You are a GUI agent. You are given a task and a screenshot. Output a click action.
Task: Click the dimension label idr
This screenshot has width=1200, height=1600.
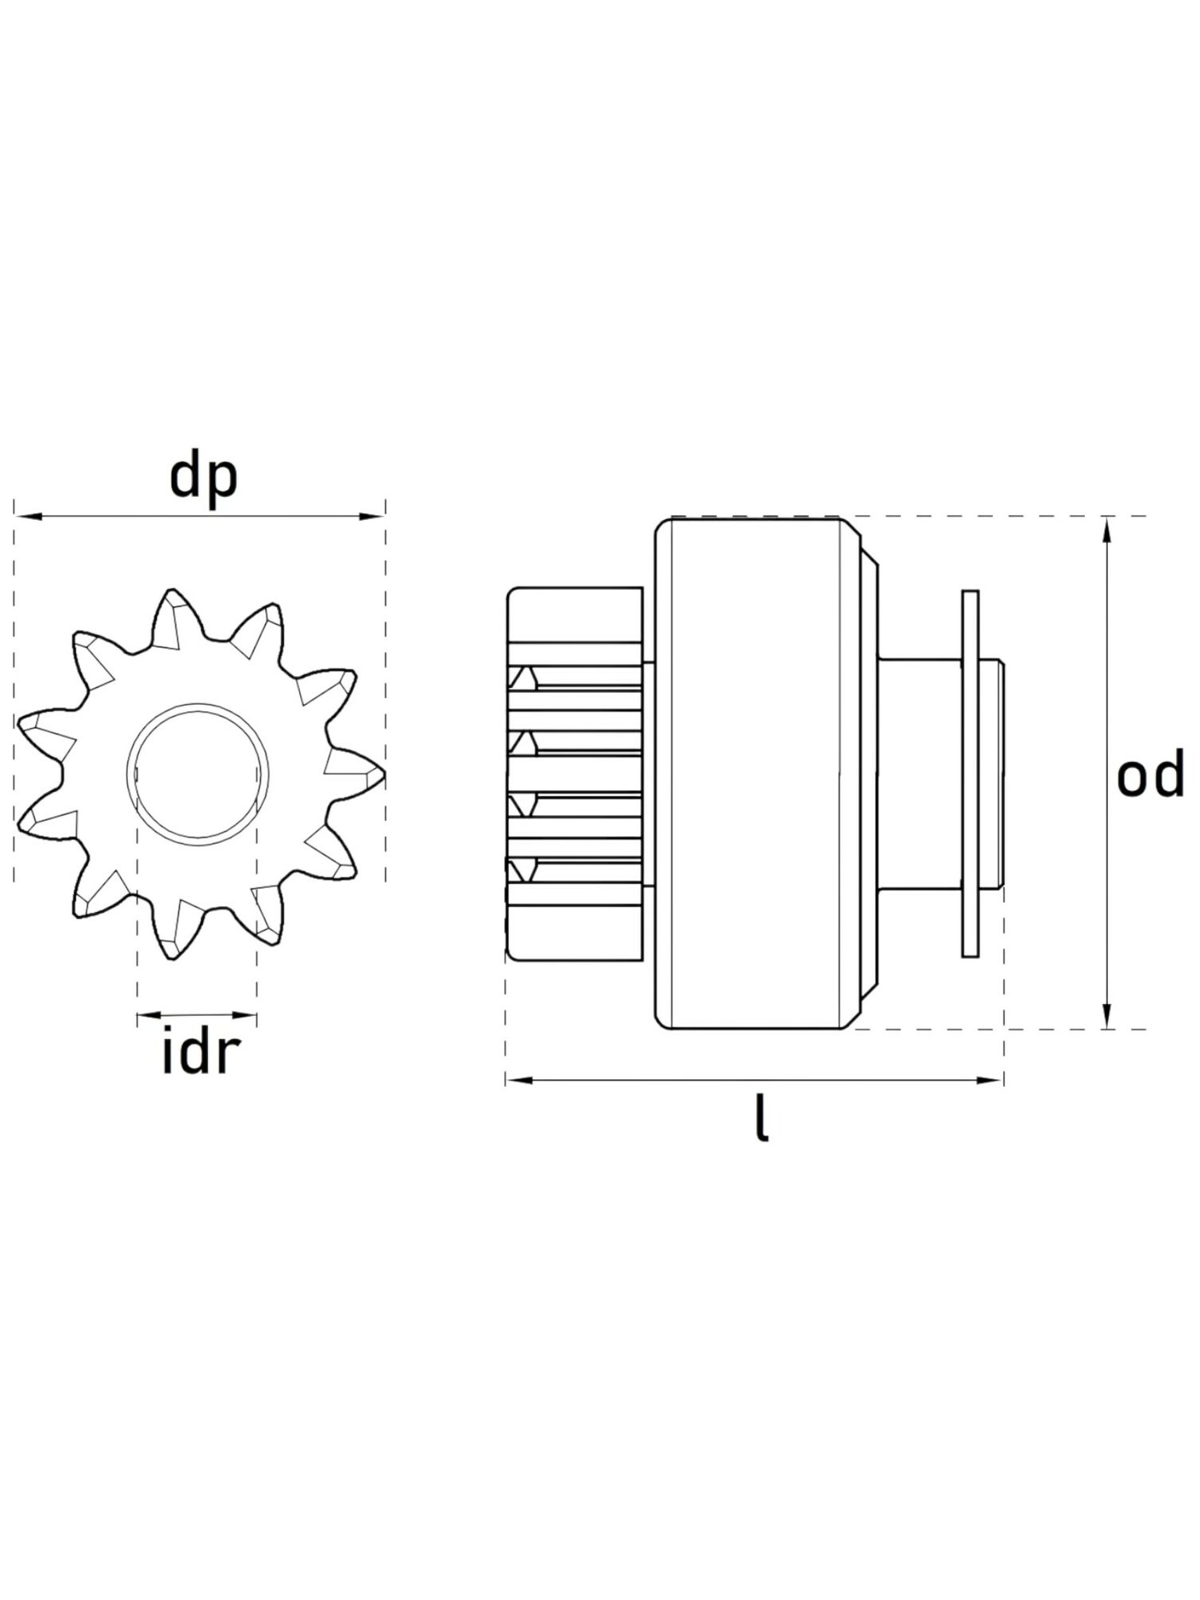point(200,1054)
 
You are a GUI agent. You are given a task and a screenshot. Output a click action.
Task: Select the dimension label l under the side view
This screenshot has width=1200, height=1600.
point(762,1118)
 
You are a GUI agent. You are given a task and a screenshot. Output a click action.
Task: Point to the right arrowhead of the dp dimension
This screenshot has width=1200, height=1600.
point(373,516)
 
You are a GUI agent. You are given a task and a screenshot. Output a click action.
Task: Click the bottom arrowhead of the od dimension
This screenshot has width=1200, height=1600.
point(1106,1015)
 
